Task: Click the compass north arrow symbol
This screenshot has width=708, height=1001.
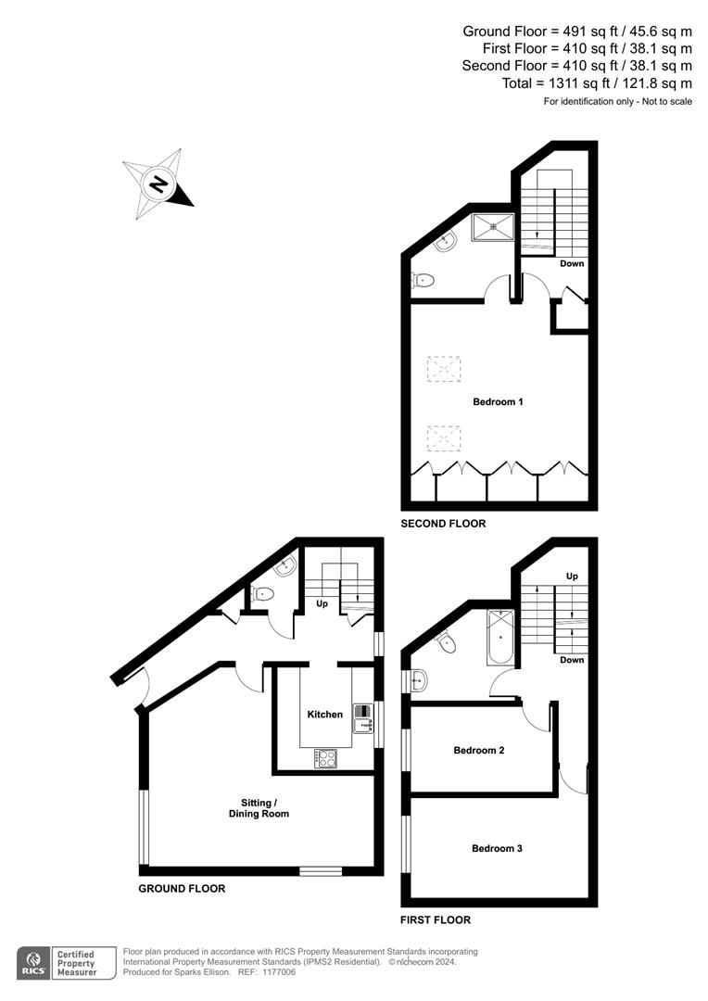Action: click(158, 184)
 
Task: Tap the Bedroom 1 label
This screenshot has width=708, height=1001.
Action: click(499, 401)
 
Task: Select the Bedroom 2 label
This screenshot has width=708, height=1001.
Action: click(479, 750)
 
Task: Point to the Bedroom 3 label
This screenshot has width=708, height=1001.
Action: click(498, 848)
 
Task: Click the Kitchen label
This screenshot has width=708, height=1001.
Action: click(325, 715)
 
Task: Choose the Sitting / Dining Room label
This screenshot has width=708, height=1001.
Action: click(259, 808)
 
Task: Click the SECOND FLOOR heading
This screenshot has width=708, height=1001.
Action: click(443, 524)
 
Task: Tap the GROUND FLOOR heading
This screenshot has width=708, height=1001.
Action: click(182, 888)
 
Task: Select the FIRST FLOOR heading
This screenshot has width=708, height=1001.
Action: click(436, 920)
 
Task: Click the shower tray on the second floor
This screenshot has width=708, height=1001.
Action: click(493, 227)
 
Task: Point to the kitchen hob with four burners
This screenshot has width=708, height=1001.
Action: click(326, 758)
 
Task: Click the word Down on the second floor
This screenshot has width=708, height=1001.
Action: click(572, 263)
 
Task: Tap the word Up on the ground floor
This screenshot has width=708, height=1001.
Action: click(322, 603)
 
